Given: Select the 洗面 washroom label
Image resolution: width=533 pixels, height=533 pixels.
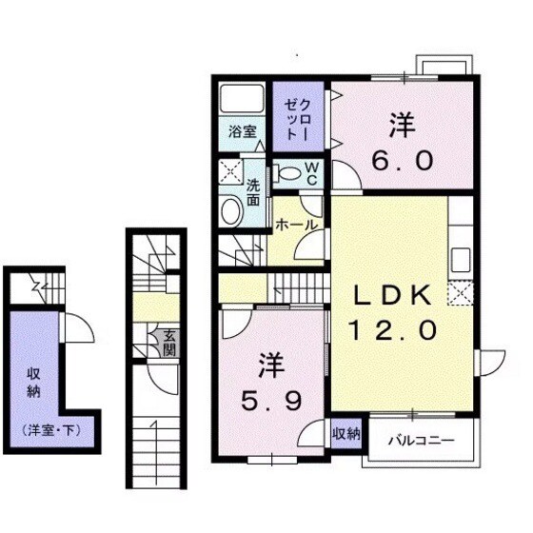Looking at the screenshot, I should coord(255,193).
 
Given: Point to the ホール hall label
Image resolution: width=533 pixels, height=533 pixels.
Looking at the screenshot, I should coord(297,226).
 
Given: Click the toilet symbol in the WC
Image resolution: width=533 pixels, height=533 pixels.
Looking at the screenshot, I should coord(288,174).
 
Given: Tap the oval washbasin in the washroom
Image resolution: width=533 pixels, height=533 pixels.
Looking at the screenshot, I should coord(231,210).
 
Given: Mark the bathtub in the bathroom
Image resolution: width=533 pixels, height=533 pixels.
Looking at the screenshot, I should coord(241,100).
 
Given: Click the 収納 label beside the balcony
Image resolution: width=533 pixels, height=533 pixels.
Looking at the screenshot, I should coord(346,434).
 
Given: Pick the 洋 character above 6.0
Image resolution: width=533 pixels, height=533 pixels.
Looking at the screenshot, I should coord(399,124).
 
